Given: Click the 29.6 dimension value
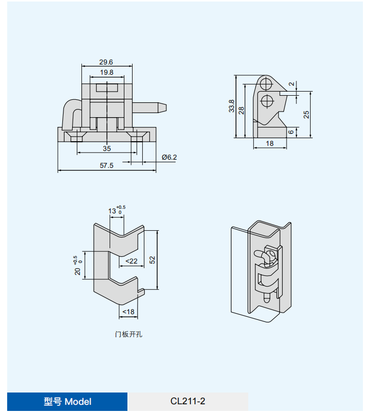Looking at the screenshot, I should [106, 62].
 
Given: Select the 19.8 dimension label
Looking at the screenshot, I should [106, 73].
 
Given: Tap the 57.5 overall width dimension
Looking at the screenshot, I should [106, 165].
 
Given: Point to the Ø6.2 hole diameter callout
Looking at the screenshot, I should [169, 157].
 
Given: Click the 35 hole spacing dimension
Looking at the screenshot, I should [106, 148].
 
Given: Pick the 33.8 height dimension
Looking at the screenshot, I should [231, 106].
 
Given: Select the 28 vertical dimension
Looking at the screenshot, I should [242, 109].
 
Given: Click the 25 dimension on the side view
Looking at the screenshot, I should [306, 115].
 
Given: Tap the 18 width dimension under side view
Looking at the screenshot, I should [270, 144].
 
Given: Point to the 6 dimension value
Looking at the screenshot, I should [291, 132].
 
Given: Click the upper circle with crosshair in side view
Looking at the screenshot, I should [266, 83].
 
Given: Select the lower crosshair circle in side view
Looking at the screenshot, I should [266, 100].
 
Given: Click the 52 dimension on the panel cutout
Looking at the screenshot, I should [152, 260].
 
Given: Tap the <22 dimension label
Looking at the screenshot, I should [132, 261].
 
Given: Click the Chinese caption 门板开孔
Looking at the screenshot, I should [128, 334].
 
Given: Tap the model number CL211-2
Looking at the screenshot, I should [188, 402].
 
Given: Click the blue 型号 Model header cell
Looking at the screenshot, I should [68, 402].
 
